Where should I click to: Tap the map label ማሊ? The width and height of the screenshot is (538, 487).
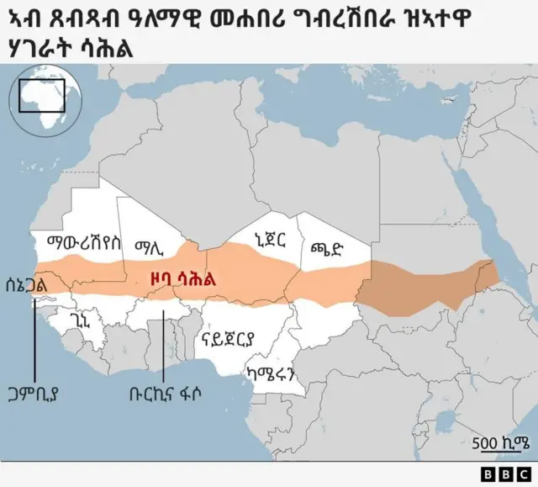point(152,246)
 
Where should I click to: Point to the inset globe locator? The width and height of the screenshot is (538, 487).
point(44,100)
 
